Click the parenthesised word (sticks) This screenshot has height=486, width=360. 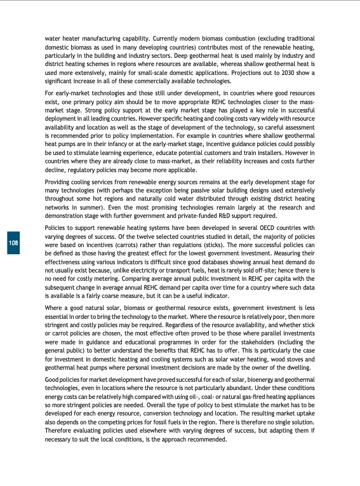tap(258, 245)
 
